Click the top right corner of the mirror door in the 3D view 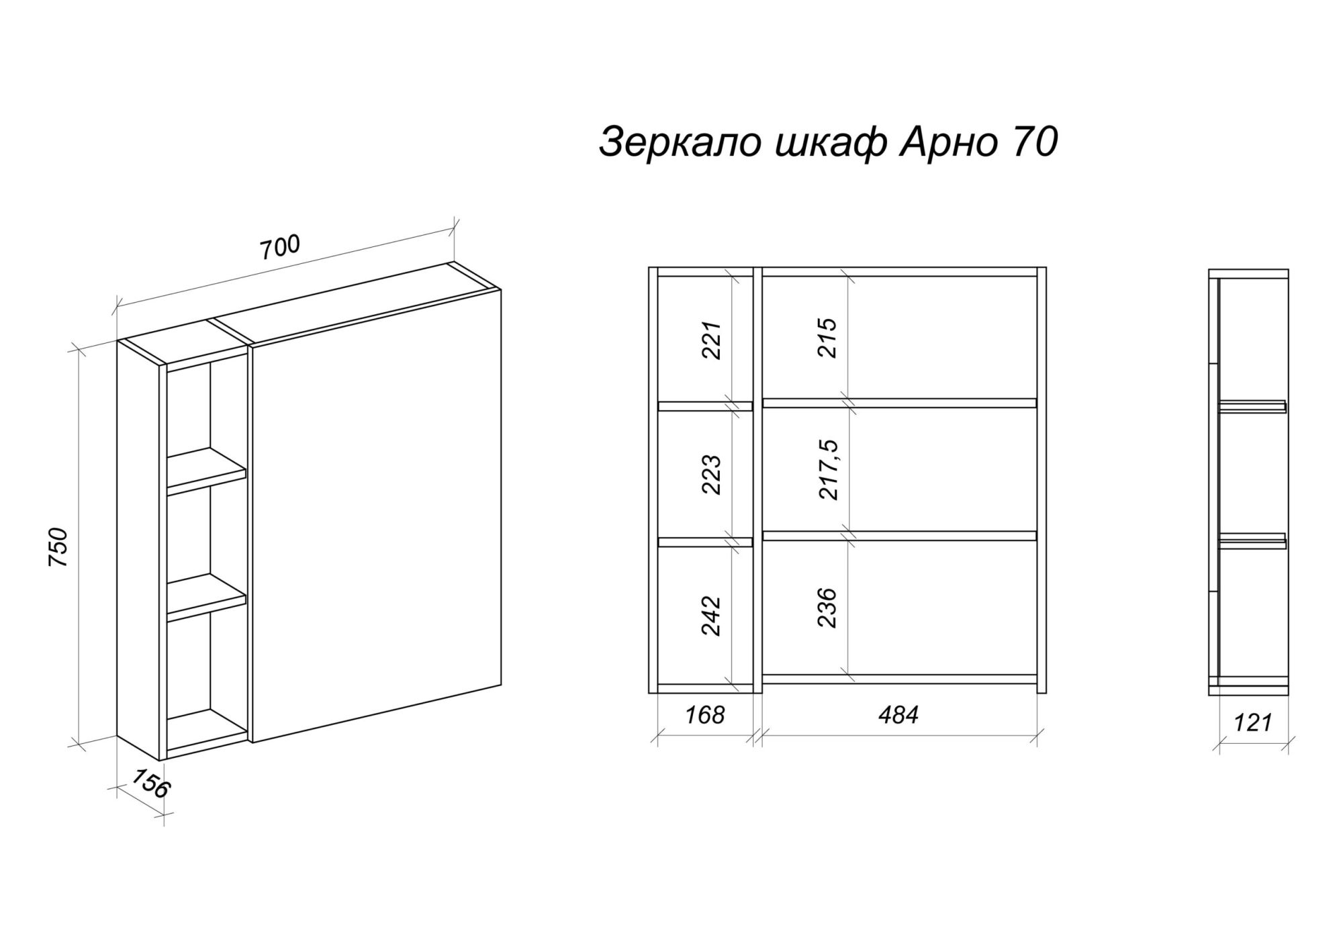pos(501,289)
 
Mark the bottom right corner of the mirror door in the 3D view pos(501,685)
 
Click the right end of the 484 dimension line pos(1037,737)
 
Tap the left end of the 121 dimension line pos(1219,743)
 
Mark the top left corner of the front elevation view pos(649,268)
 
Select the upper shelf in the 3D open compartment pos(207,469)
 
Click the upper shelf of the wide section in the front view pos(900,403)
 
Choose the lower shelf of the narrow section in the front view pos(705,542)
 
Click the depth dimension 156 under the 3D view pos(148,783)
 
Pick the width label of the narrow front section pos(705,714)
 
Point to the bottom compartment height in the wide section pos(828,607)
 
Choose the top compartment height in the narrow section pos(712,340)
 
